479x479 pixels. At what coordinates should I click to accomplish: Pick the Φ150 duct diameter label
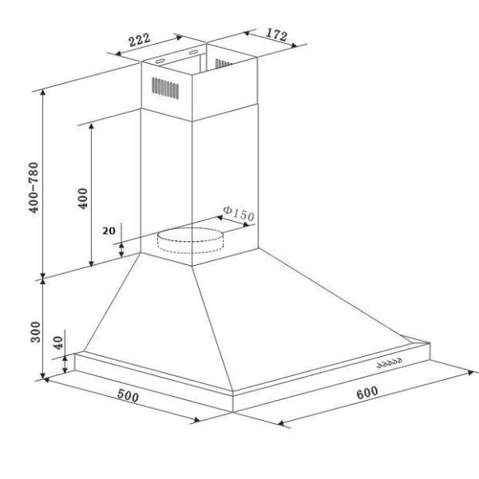coord(238,215)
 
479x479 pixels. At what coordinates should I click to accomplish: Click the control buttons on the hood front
coord(388,364)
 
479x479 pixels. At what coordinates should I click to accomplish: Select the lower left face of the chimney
coord(166,184)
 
